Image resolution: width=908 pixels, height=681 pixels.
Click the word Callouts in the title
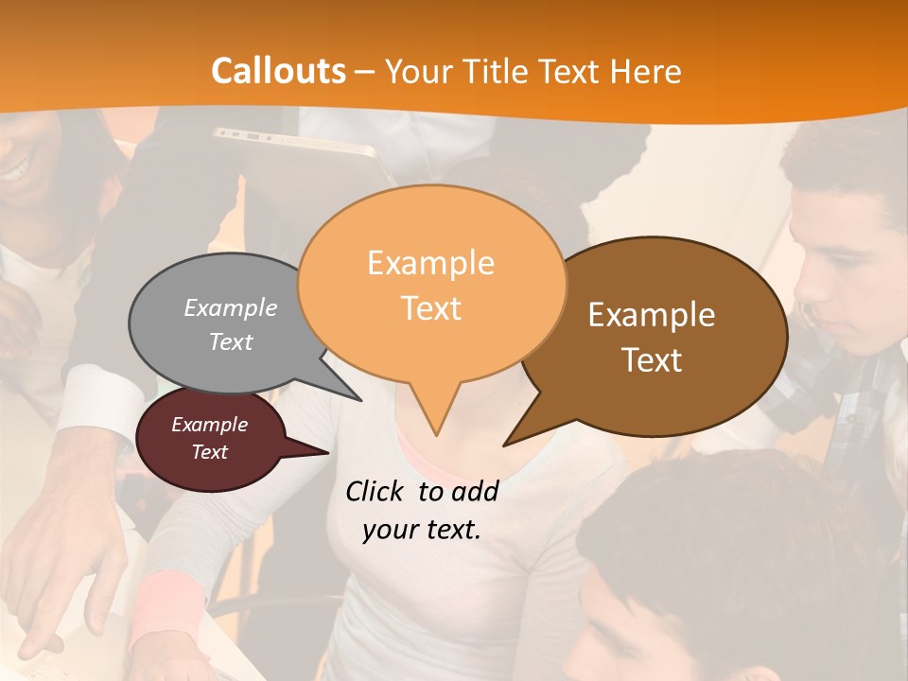[278, 72]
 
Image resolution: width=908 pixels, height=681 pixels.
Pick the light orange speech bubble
[431, 284]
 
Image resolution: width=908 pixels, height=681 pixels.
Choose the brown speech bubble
[662, 336]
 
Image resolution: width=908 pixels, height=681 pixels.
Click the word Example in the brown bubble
[652, 315]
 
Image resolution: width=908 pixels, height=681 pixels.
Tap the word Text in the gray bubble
[231, 342]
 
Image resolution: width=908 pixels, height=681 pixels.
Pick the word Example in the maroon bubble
[210, 425]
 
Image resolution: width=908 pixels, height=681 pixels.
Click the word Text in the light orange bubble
[431, 308]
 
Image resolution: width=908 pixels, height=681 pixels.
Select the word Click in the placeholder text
[375, 491]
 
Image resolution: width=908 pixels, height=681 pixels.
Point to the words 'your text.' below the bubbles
[422, 530]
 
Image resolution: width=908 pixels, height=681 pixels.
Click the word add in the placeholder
[474, 491]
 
